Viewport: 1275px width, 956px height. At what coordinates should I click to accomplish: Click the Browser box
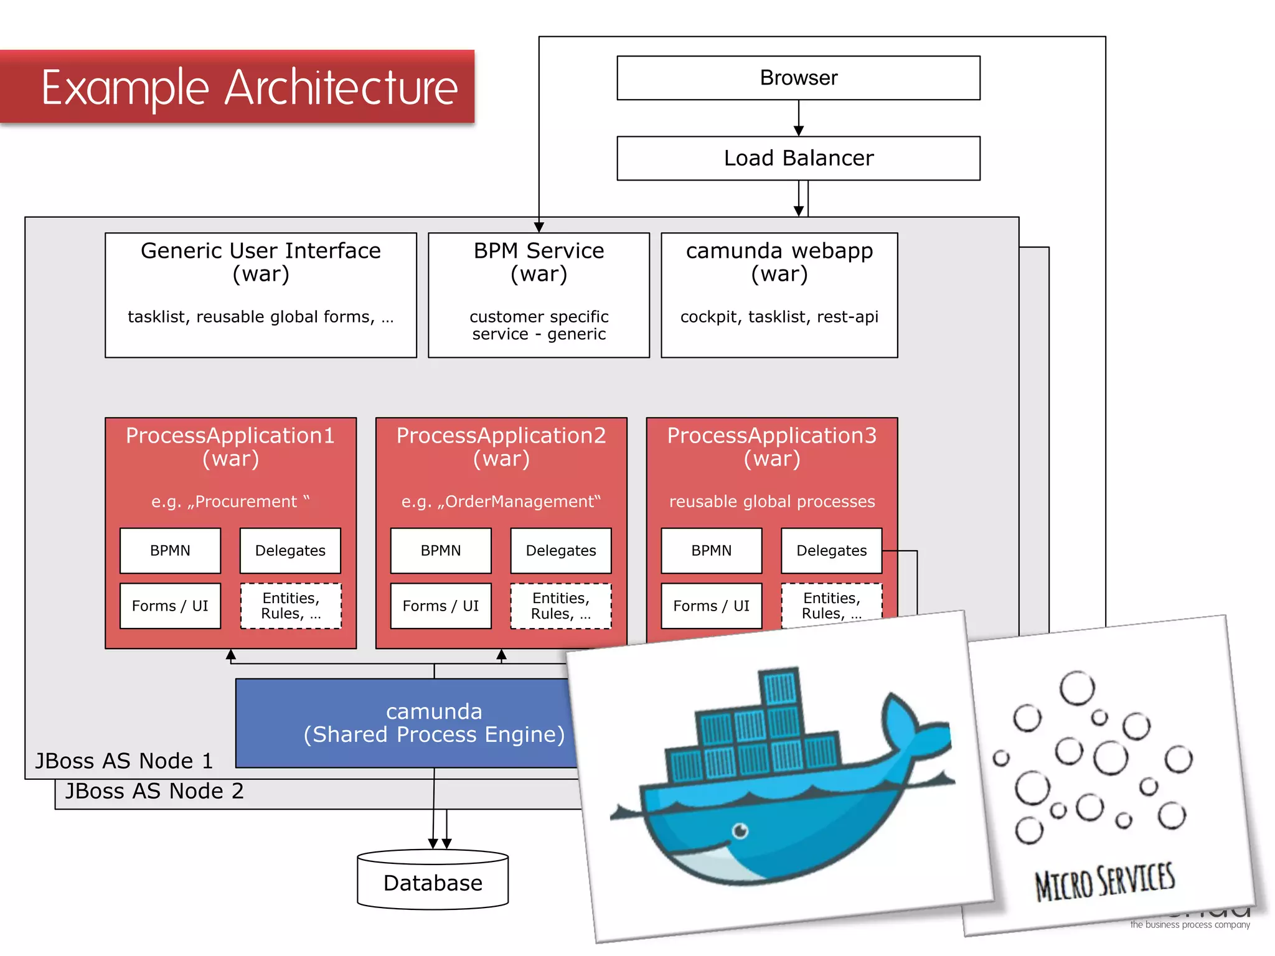(x=798, y=78)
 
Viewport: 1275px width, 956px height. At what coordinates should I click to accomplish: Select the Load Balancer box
(x=798, y=158)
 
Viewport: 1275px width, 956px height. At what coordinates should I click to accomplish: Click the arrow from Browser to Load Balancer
(x=799, y=118)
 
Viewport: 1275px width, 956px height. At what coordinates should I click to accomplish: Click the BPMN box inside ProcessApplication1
(x=170, y=551)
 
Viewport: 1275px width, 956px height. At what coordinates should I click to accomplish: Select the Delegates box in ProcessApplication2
(x=560, y=551)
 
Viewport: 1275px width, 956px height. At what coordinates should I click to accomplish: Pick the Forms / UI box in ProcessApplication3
(x=711, y=606)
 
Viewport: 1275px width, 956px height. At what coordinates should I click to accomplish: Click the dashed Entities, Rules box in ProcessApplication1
(x=291, y=606)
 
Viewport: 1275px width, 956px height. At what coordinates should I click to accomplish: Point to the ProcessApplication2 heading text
(x=501, y=436)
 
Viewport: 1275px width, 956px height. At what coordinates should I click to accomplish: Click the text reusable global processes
(x=772, y=502)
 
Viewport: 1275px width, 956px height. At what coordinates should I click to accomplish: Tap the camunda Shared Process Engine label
(x=434, y=723)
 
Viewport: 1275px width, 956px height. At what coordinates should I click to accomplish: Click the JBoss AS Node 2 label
(x=154, y=791)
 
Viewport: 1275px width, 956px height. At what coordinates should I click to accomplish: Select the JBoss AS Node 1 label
(x=124, y=761)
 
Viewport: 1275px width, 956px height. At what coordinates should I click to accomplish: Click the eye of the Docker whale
(x=740, y=830)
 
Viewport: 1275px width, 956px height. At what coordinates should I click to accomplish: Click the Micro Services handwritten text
(x=1104, y=881)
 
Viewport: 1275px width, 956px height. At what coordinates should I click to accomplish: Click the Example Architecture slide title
(x=249, y=88)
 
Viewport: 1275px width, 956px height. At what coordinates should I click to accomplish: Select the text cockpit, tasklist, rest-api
(x=779, y=317)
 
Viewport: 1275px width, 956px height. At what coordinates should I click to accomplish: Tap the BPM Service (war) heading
(x=539, y=261)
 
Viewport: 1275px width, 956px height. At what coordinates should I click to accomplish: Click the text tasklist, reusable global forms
(x=260, y=317)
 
